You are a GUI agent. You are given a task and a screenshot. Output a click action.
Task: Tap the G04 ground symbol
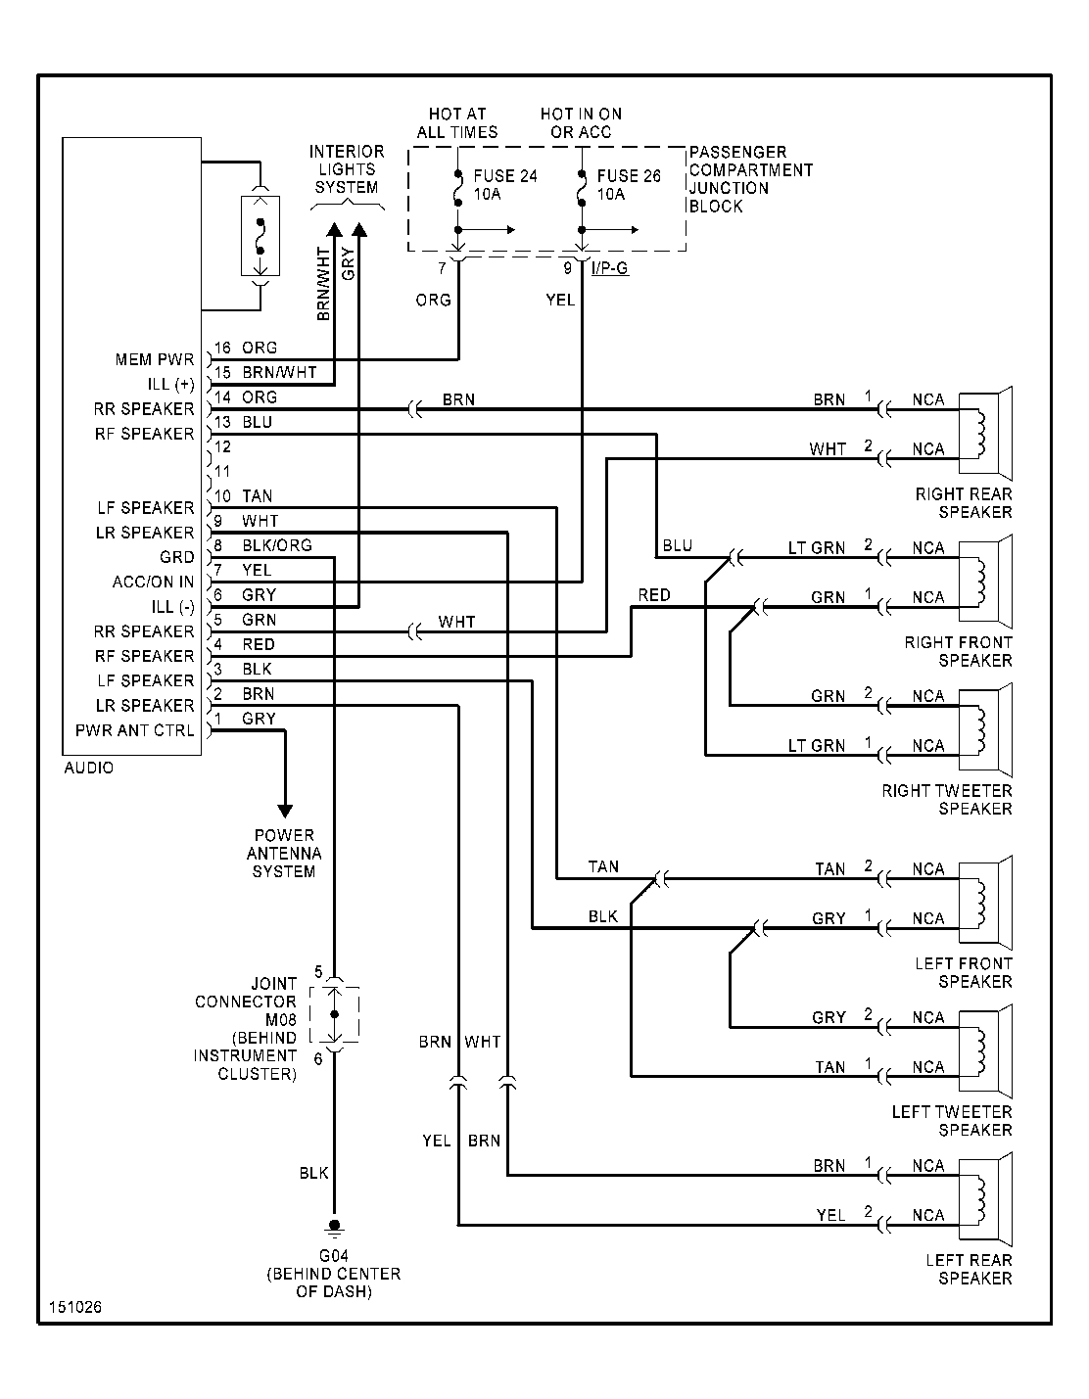coord(334,1226)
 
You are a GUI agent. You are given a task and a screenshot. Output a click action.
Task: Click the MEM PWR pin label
coord(155,360)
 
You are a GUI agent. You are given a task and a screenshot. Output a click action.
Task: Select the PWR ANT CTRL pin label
coord(134,731)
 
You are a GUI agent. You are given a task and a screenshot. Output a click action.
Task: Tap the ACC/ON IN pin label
coord(153,583)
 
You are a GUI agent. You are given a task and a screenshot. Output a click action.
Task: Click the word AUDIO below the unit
coord(89,768)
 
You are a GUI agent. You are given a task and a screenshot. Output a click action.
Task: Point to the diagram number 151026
coord(75,1308)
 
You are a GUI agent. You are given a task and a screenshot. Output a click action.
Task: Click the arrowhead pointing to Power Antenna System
coord(285,810)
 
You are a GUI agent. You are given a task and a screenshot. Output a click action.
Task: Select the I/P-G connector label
coord(610,267)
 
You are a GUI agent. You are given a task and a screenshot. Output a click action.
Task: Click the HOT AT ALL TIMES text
coord(456,122)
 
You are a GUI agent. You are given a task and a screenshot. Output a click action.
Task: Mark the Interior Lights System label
coord(347,169)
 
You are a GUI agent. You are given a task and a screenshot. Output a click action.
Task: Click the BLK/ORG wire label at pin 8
coord(277,545)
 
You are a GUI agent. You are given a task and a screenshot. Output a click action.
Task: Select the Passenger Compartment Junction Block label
coord(750,179)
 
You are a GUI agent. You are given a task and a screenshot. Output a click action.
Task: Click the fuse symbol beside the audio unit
coord(260,236)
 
